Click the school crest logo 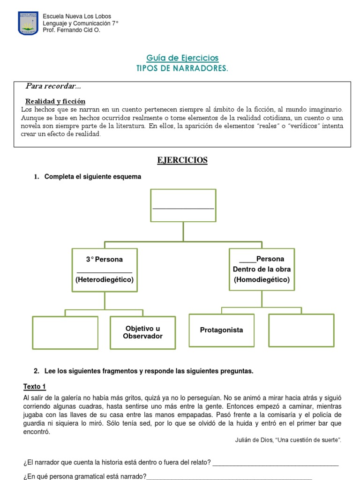coord(28,23)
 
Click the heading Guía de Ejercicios coord(182,58)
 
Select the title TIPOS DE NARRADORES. coord(182,68)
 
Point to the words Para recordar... coord(53,86)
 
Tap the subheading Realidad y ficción coord(55,101)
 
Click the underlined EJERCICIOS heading coord(182,160)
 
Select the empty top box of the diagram coord(183,205)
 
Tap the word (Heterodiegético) coord(105,280)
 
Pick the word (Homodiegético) coord(262,280)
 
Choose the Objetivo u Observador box coord(143,332)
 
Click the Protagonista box coord(221,330)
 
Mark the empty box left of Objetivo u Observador coord(65,333)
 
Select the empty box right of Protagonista coord(301,330)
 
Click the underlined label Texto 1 coord(35,387)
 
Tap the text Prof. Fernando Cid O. coord(71,30)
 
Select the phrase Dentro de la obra coord(262,269)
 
